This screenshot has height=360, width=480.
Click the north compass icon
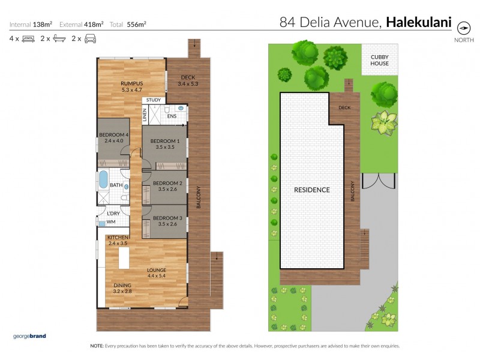463,28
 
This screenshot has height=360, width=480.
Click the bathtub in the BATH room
103,181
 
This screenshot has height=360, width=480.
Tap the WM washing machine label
111,222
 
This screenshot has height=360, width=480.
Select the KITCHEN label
118,238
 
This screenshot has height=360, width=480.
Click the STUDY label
153,100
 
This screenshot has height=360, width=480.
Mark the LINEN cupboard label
145,114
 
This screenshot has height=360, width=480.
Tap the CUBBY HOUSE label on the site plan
379,60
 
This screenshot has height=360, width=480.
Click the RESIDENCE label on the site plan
311,190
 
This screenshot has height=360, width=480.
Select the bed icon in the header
26,38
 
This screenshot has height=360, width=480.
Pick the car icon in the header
90,38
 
